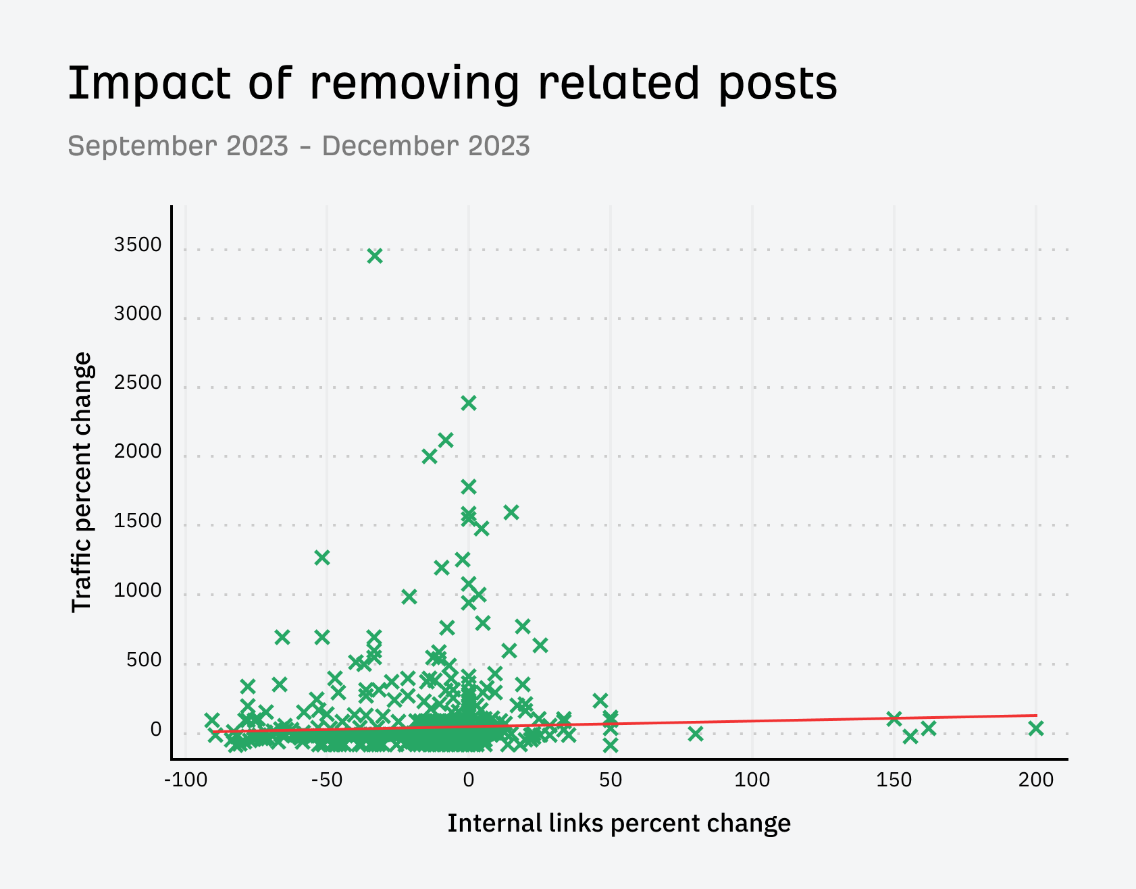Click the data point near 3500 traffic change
pyautogui.click(x=375, y=256)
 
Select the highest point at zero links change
pyautogui.click(x=469, y=403)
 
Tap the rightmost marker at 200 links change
pyautogui.click(x=1035, y=728)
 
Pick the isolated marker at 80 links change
pyautogui.click(x=696, y=734)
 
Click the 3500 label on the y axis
pyautogui.click(x=138, y=245)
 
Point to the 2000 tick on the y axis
pyautogui.click(x=138, y=452)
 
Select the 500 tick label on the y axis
pyautogui.click(x=144, y=659)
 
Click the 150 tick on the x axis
pyautogui.click(x=894, y=780)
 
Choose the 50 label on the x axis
pyautogui.click(x=610, y=780)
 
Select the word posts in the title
pyautogui.click(x=777, y=84)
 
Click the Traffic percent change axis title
pyautogui.click(x=82, y=482)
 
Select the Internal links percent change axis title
pyautogui.click(x=619, y=824)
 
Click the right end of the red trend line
pyautogui.click(x=1035, y=716)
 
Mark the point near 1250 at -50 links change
pyautogui.click(x=322, y=558)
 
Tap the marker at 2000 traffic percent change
pyautogui.click(x=430, y=456)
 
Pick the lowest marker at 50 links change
pyautogui.click(x=611, y=746)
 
